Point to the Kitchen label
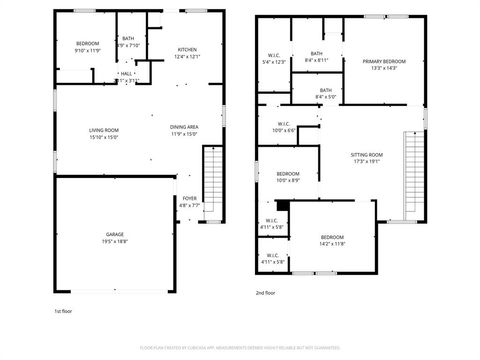(x=188, y=52)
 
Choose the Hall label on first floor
(x=127, y=76)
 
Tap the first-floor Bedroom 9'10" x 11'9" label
(x=89, y=47)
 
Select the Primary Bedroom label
(x=384, y=64)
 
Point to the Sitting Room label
(x=367, y=158)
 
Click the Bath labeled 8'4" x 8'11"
(x=317, y=57)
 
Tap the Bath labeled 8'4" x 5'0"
(x=326, y=94)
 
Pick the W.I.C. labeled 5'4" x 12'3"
(x=273, y=59)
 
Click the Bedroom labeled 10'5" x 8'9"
(x=288, y=177)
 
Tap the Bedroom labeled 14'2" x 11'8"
(x=332, y=240)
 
